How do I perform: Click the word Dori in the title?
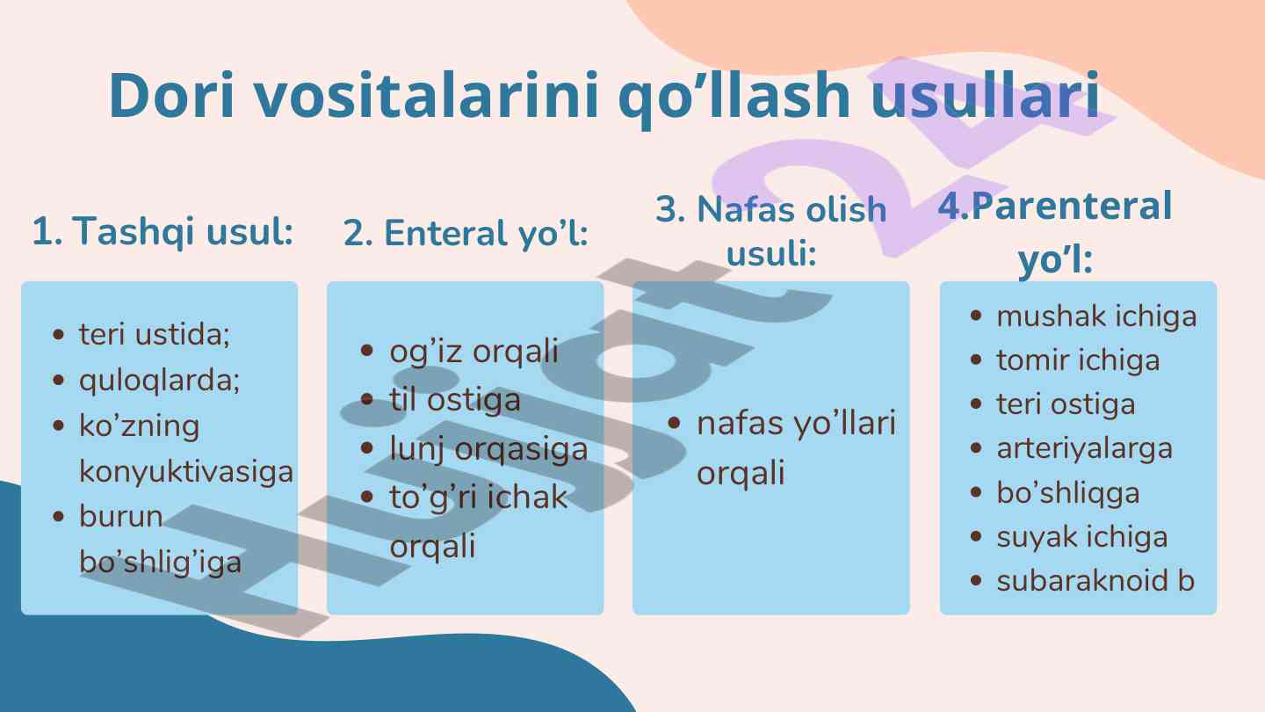pos(171,95)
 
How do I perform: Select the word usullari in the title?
pos(986,95)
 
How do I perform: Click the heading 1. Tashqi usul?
pos(163,231)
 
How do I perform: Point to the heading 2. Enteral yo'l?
pos(466,233)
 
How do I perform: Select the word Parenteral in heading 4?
pos(1072,206)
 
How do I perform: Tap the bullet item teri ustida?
pos(155,334)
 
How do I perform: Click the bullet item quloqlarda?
pos(159,380)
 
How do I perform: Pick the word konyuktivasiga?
pos(186,471)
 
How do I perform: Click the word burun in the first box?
pos(121,517)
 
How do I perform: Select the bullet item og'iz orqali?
pos(473,352)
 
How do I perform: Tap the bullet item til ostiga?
pos(455,400)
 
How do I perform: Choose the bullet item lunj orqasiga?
pos(488,449)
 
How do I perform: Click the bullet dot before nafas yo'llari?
pos(673,423)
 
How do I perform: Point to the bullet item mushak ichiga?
pos(1096,316)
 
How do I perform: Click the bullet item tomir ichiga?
pos(1078,360)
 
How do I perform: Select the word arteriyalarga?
pos(1084,448)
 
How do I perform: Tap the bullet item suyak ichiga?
pos(1081,537)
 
